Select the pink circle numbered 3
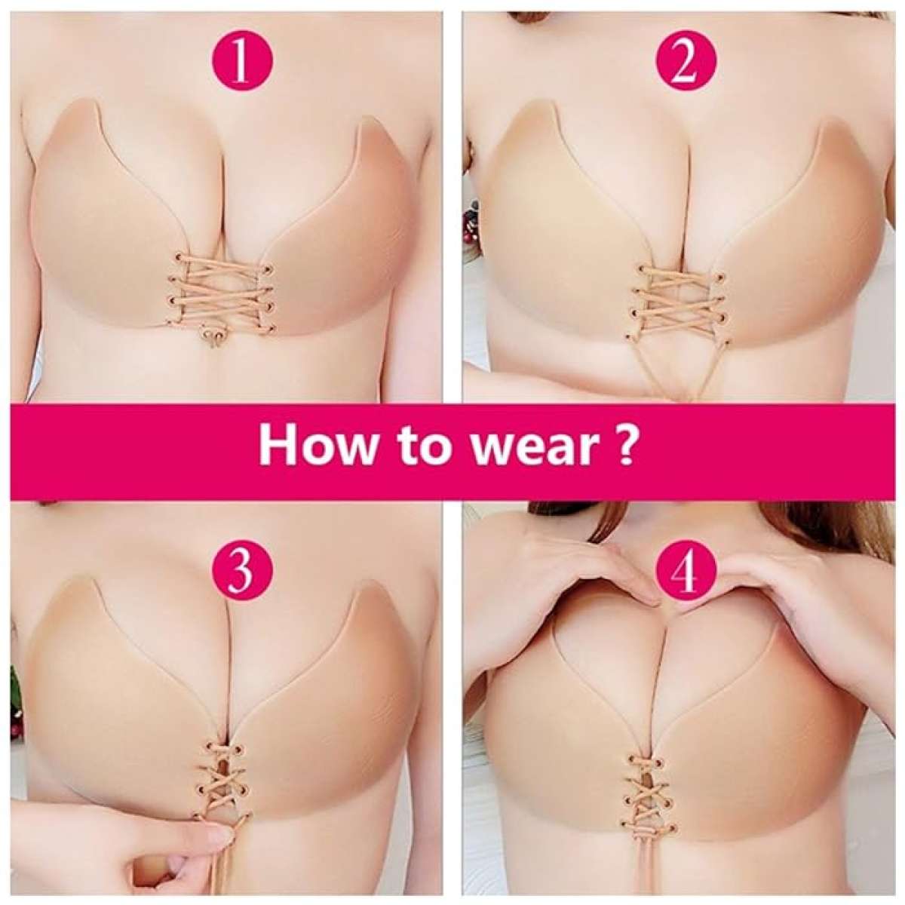240,573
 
